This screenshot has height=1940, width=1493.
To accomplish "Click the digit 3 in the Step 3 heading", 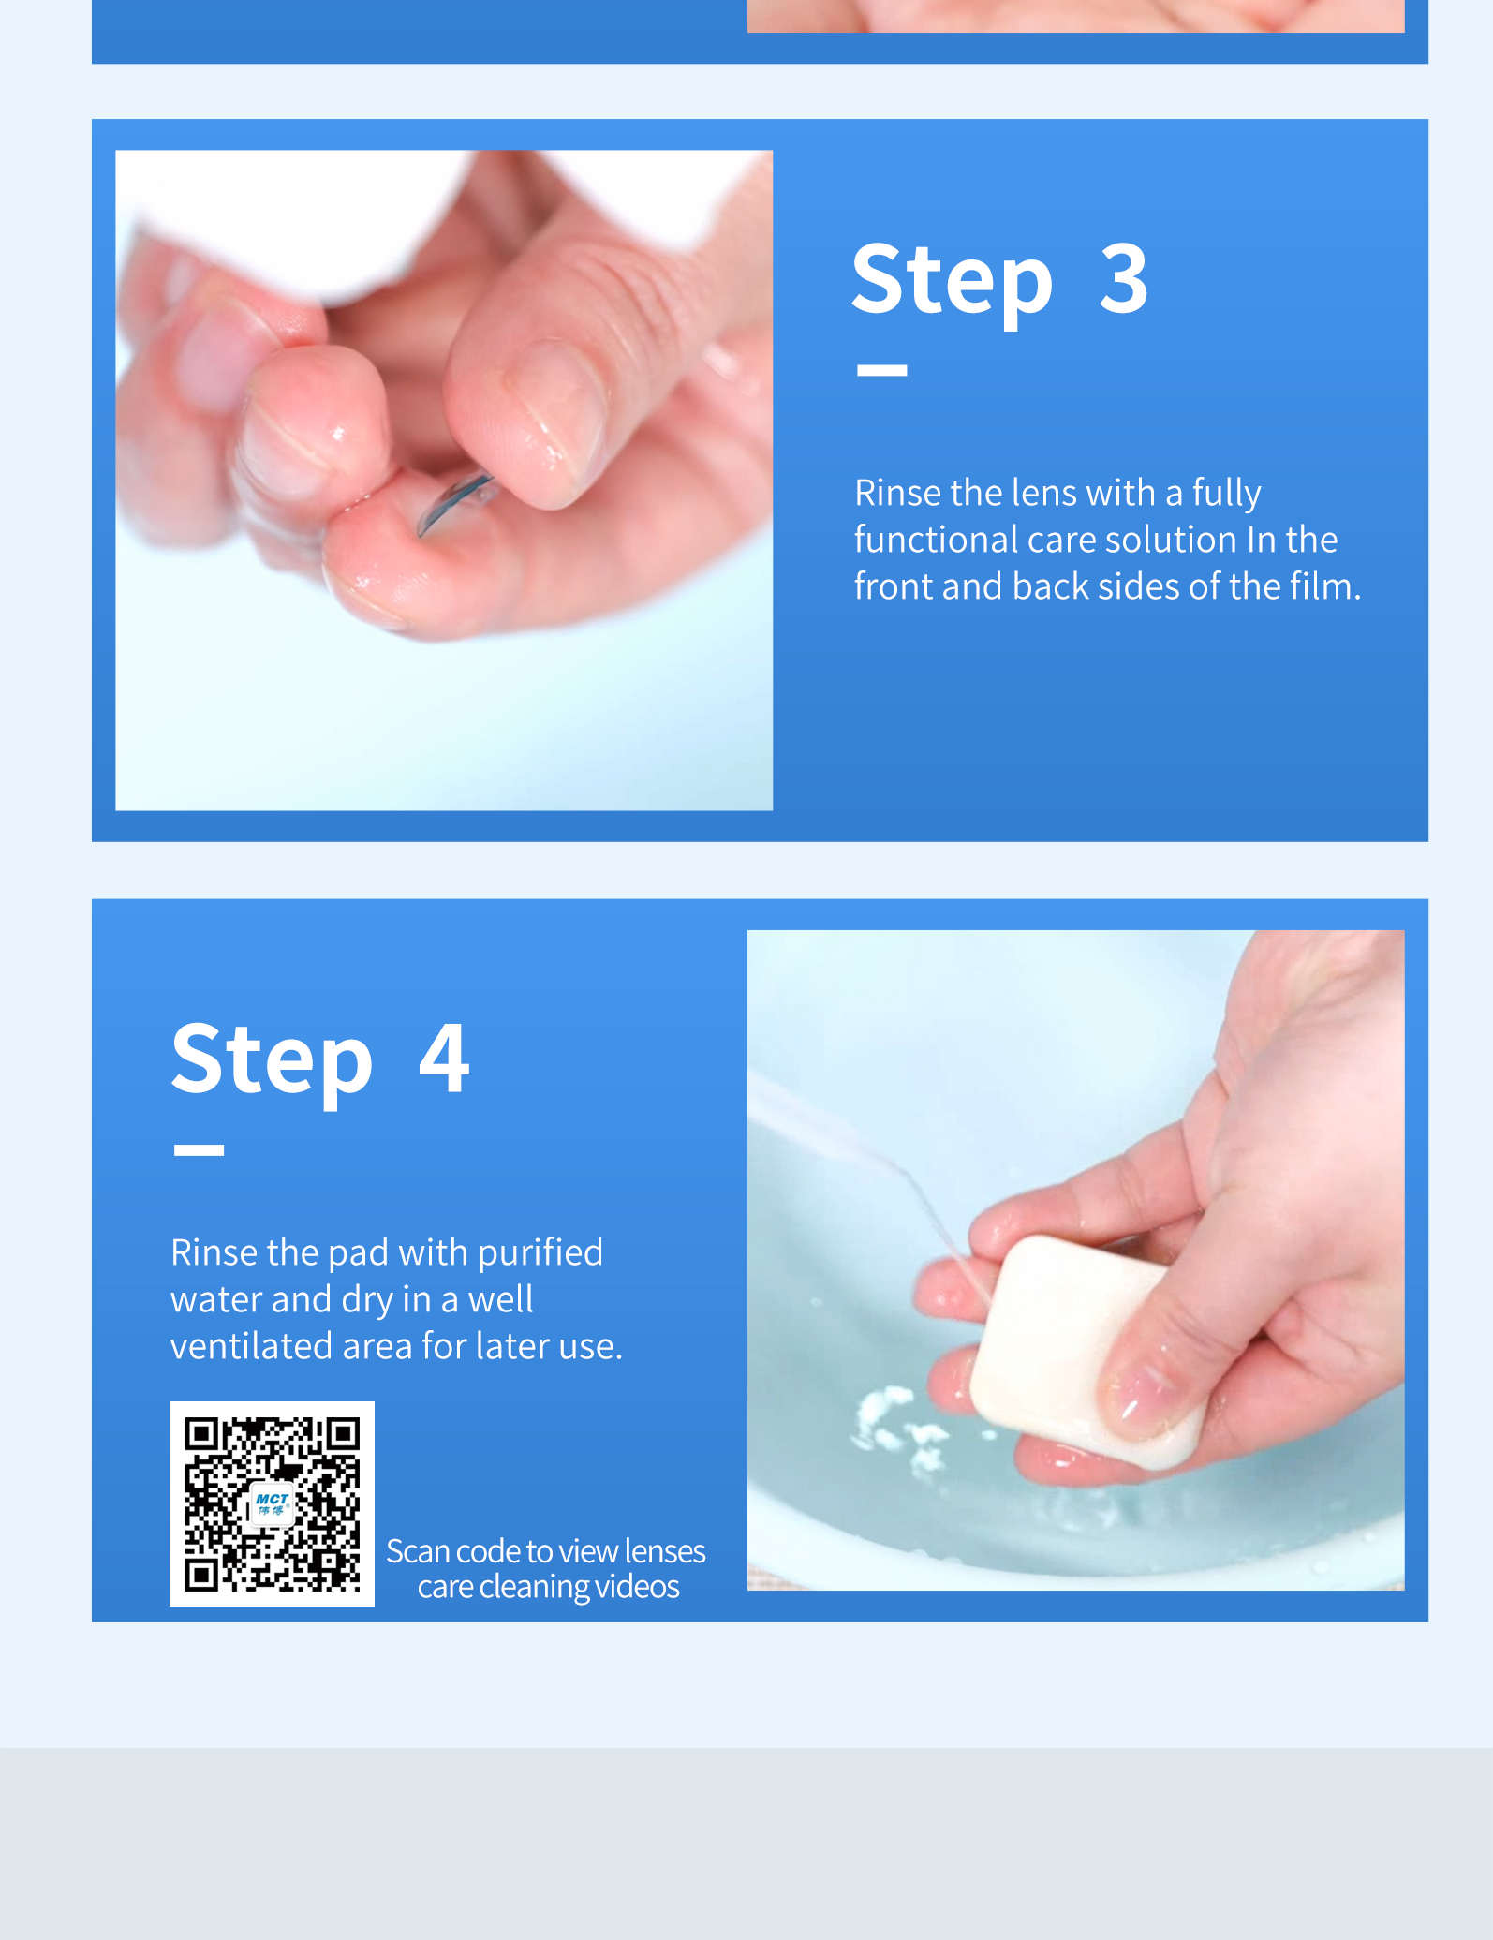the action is [x=1123, y=279].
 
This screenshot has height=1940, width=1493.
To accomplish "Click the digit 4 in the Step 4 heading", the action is [x=444, y=1058].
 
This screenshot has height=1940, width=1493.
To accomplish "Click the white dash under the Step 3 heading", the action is [x=881, y=370].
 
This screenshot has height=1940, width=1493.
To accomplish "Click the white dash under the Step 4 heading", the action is [x=199, y=1150].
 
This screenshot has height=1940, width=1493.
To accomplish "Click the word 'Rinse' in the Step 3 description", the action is [x=897, y=493].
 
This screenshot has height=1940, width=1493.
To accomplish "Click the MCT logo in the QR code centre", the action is [x=272, y=1504].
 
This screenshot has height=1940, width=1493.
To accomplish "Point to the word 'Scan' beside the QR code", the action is [x=418, y=1552].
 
